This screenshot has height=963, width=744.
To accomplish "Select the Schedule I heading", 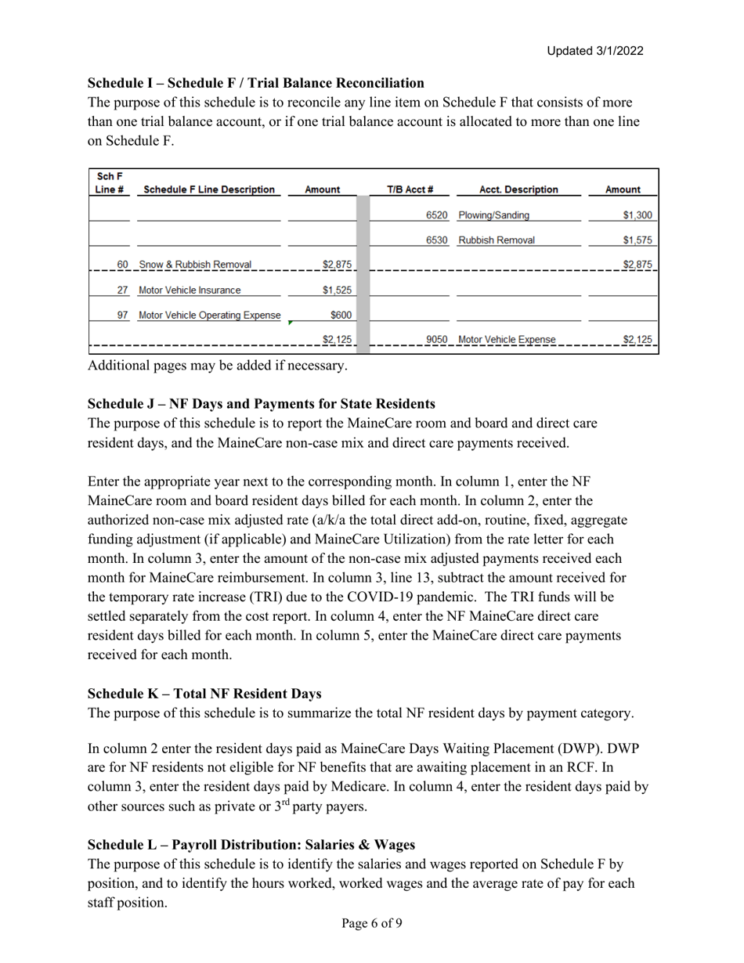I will pyautogui.click(x=255, y=83).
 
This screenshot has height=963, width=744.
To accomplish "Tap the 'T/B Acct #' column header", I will pyautogui.click(x=410, y=189).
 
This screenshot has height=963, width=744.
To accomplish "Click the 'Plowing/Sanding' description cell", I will pyautogui.click(x=493, y=215).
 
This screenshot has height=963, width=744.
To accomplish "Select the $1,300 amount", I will pyautogui.click(x=637, y=215).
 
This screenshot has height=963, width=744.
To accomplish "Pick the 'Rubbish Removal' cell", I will pyautogui.click(x=497, y=240).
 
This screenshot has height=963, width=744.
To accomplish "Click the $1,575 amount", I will pyautogui.click(x=637, y=240).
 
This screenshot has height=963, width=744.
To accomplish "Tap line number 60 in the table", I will pyautogui.click(x=122, y=265).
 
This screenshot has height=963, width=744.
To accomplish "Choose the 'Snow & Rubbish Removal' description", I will pyautogui.click(x=195, y=265).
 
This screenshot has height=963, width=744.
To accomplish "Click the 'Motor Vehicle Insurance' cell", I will pyautogui.click(x=190, y=290).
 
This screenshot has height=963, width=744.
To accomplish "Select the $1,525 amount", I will pyautogui.click(x=338, y=290).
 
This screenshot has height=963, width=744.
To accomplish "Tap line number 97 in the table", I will pyautogui.click(x=122, y=315).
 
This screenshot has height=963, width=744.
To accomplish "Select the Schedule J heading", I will pyautogui.click(x=261, y=404).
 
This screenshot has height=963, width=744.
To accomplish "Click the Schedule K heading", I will pyautogui.click(x=204, y=694).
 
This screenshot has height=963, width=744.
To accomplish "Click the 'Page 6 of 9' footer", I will pyautogui.click(x=372, y=923).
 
